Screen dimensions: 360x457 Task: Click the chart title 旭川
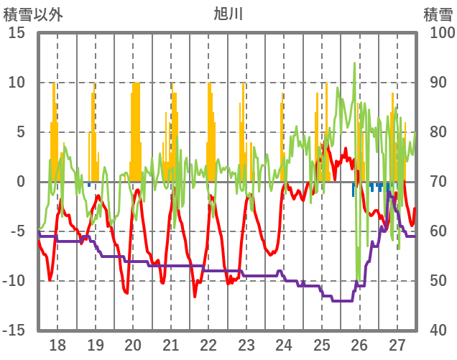coord(228,14)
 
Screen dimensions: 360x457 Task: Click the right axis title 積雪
coord(437,14)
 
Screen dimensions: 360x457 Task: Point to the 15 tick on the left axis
coord(17,33)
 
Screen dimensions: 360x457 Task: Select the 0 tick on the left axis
coord(21,182)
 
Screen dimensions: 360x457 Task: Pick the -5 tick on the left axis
coord(17,231)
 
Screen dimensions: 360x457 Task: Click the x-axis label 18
coord(57,343)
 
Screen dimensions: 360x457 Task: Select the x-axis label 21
coord(171,343)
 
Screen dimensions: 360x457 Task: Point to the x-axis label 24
coord(284,343)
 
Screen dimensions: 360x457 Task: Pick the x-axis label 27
coord(397,343)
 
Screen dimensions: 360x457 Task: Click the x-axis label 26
coord(359,343)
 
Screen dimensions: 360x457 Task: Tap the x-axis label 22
coord(208,343)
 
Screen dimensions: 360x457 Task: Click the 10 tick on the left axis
coord(17,83)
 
